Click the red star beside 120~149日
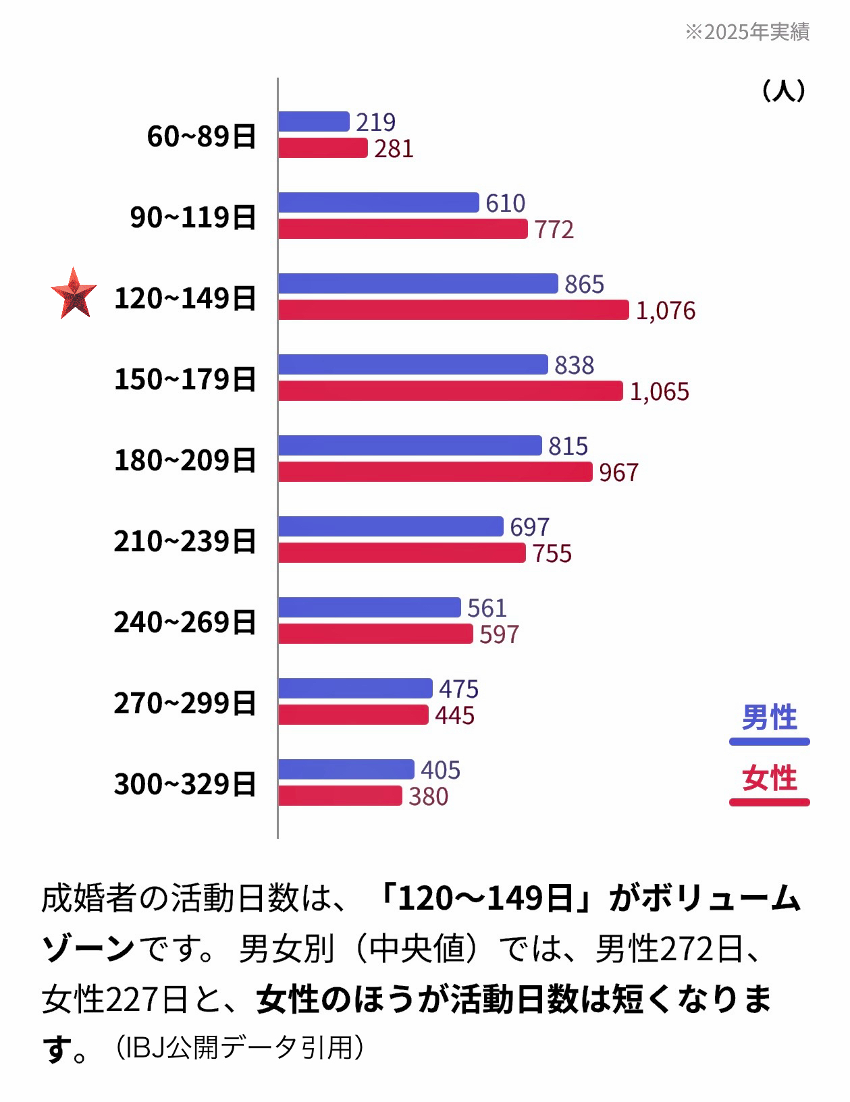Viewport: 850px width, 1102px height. click(74, 294)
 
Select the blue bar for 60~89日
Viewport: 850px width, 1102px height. click(313, 121)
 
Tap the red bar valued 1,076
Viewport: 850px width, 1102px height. click(453, 310)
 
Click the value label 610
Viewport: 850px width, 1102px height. click(505, 203)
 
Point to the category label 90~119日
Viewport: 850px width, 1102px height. click(193, 217)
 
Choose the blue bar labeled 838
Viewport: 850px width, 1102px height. click(413, 364)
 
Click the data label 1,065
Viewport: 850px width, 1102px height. click(659, 391)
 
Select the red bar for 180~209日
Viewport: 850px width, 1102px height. click(435, 472)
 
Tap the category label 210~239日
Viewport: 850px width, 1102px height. click(185, 541)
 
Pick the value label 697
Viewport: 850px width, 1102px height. click(529, 527)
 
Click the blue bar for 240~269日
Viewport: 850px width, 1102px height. click(369, 607)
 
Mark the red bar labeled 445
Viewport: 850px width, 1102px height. click(353, 715)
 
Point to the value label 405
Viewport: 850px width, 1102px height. click(440, 770)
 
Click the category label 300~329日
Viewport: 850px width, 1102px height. click(185, 784)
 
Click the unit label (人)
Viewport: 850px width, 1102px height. click(783, 90)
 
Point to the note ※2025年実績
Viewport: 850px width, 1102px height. click(747, 32)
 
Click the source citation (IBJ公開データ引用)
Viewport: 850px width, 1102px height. click(239, 1048)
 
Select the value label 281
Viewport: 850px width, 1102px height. click(394, 149)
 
